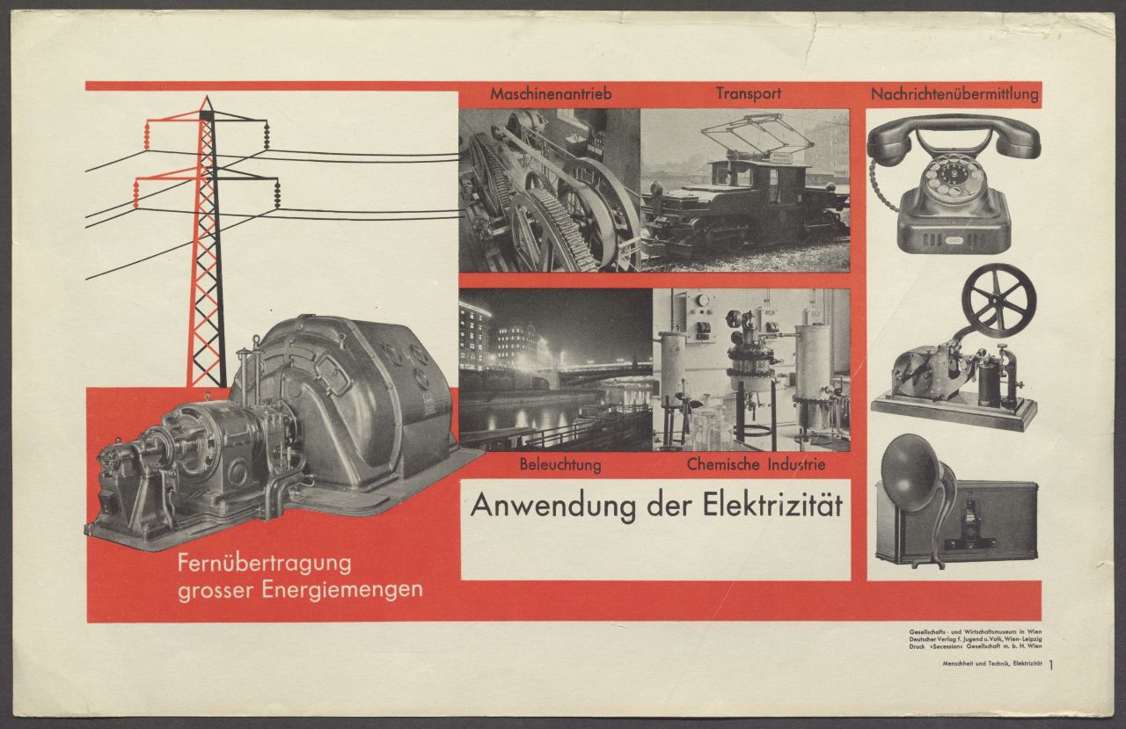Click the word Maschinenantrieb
[x=551, y=94]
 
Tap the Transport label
[x=749, y=94]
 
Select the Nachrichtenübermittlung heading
[x=954, y=94]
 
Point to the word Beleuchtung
[x=560, y=464]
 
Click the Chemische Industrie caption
[x=756, y=464]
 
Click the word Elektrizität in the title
[x=772, y=505]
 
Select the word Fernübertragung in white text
[x=265, y=565]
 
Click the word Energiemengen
[x=342, y=590]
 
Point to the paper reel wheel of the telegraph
[x=998, y=301]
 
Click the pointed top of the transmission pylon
[x=206, y=98]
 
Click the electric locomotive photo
[x=745, y=191]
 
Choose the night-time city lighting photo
[x=555, y=369]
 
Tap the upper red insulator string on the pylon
[x=147, y=135]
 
